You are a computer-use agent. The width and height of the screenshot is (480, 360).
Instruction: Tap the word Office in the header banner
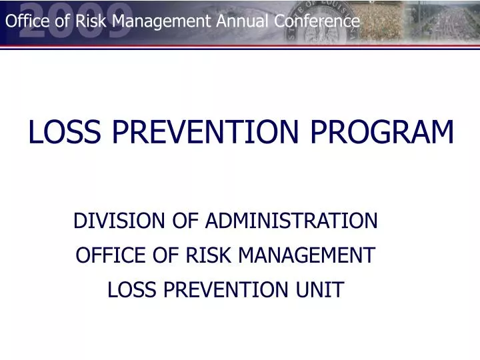click(x=24, y=21)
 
